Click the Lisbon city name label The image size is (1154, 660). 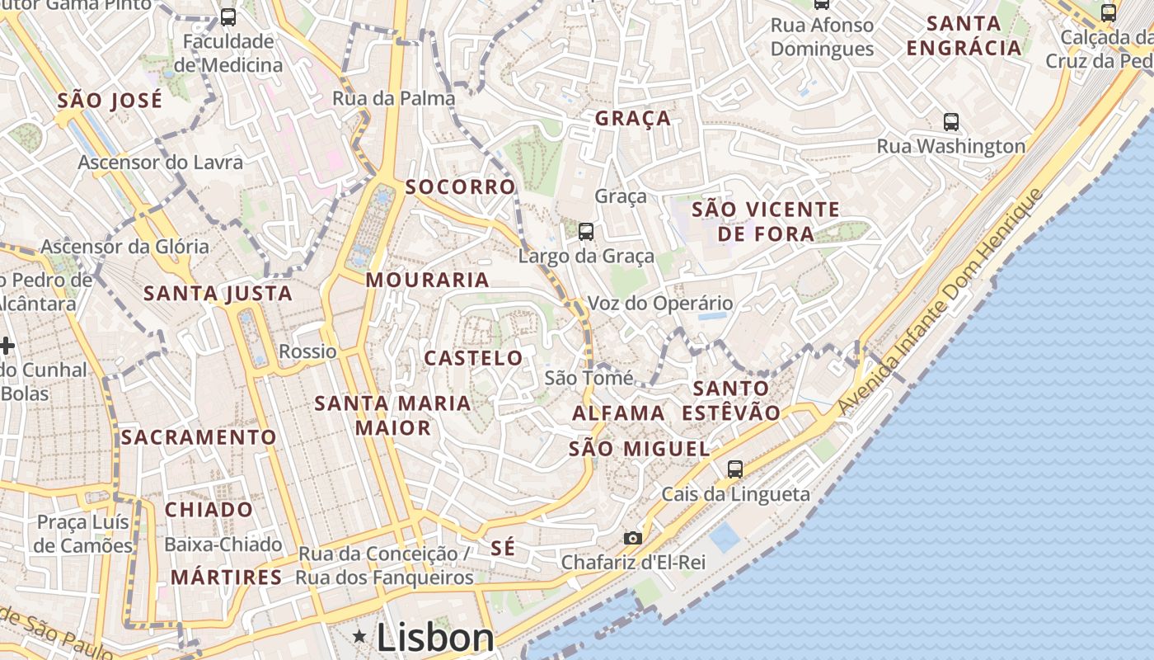tap(435, 637)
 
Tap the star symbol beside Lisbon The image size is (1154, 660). tap(359, 636)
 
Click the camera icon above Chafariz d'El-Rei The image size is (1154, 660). tap(632, 539)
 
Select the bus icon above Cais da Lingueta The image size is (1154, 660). tap(735, 469)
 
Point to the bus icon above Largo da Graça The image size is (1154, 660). tap(586, 232)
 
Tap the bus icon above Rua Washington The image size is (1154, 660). tap(951, 122)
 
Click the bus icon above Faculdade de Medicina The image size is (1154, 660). tap(228, 16)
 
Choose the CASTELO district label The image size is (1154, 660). tap(473, 358)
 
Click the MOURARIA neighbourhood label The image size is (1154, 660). tap(428, 280)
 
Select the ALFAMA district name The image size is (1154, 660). tap(618, 413)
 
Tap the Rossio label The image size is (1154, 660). tap(307, 351)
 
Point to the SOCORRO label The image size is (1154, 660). tap(460, 187)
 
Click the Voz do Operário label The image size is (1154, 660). tap(660, 304)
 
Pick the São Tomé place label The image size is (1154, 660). tap(589, 379)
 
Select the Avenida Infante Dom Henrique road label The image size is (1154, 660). tap(941, 303)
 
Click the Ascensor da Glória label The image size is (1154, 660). tap(125, 247)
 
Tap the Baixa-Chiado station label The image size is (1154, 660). tap(223, 545)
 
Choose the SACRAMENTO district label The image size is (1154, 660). tap(199, 437)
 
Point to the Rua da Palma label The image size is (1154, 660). tap(394, 99)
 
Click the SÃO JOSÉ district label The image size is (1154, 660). tap(110, 101)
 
